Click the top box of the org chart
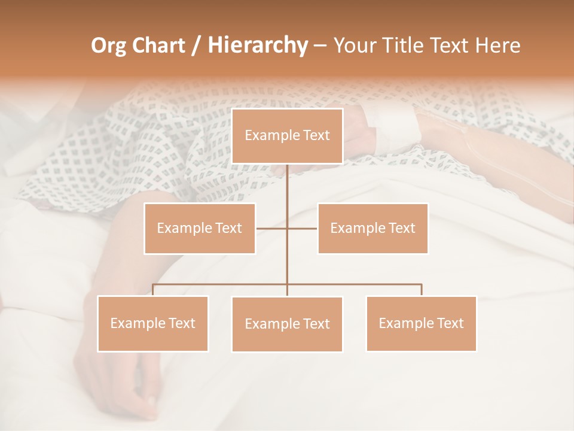tap(287, 136)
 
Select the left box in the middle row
tap(200, 228)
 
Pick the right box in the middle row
tap(373, 228)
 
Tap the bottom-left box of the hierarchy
tap(153, 323)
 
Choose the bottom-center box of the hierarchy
tap(287, 324)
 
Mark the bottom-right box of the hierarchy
tap(421, 323)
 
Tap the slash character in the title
tap(196, 45)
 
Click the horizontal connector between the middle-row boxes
tap(272, 228)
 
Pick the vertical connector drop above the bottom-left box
tap(153, 290)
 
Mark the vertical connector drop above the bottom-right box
tap(421, 290)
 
